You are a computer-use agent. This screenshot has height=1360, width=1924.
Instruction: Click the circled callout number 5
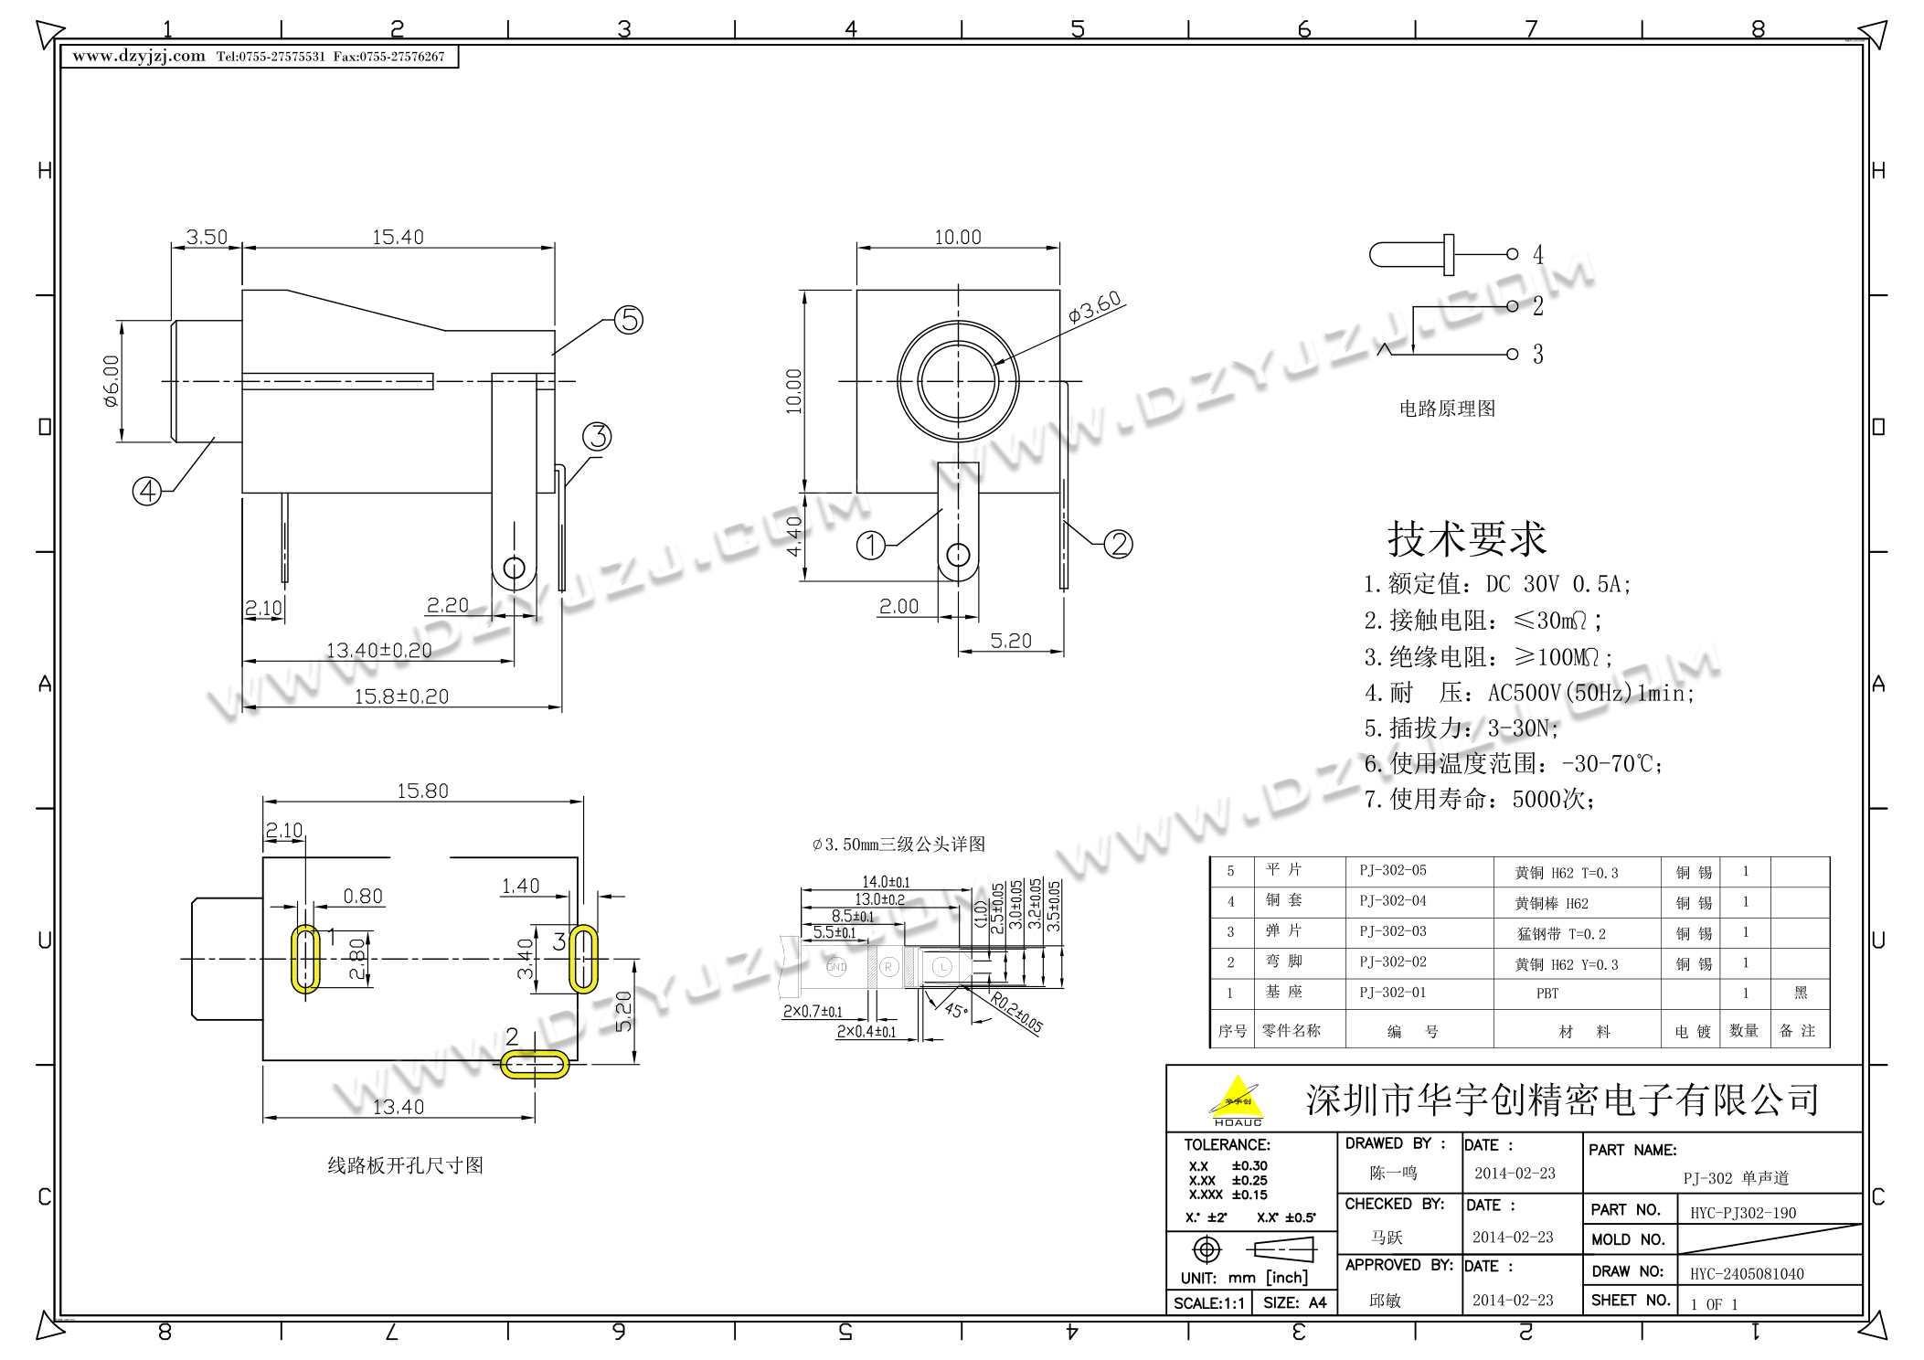point(628,320)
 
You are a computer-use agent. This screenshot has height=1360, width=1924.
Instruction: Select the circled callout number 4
point(147,492)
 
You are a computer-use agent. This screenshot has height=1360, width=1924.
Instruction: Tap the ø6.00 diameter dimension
point(111,381)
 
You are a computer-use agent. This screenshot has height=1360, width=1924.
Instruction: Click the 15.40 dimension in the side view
point(398,238)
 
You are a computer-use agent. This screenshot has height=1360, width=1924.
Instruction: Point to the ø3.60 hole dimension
point(1094,307)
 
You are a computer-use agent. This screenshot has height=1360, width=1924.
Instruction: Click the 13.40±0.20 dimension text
point(378,650)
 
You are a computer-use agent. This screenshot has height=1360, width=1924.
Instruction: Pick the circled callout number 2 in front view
point(1118,545)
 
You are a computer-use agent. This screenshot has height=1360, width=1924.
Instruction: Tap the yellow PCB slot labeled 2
point(535,1065)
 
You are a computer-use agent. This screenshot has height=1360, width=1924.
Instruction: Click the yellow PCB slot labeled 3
point(583,959)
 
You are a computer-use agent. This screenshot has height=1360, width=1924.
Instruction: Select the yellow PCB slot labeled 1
point(305,959)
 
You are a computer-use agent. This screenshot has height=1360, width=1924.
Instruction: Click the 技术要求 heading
point(1466,539)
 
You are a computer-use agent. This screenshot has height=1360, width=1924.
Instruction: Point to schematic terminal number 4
point(1537,254)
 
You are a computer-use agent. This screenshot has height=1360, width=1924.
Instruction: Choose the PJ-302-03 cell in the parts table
point(1392,931)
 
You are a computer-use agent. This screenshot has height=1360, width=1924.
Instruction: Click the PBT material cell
point(1547,993)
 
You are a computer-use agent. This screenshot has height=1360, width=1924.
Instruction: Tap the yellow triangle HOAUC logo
point(1237,1100)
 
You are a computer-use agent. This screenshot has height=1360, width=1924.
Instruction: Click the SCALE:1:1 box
point(1208,1303)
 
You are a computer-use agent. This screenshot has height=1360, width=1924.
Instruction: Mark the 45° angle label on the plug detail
point(955,1010)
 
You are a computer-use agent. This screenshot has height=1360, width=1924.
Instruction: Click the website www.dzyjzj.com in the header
point(139,57)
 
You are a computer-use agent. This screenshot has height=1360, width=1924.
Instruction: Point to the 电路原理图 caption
point(1447,409)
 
